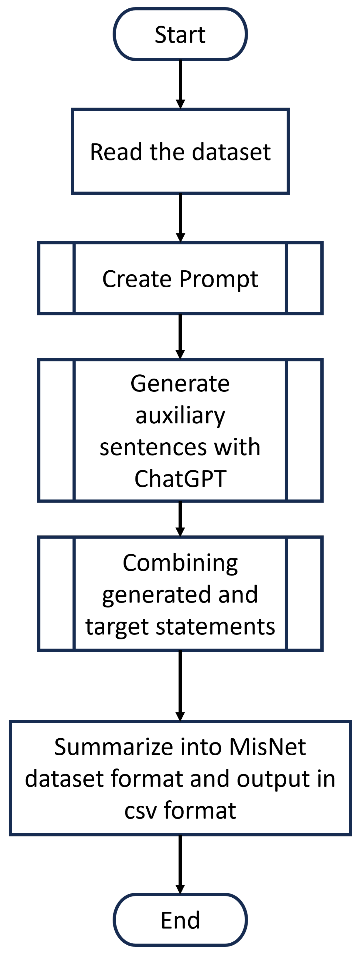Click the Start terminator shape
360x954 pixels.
(180, 34)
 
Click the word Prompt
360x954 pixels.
(218, 278)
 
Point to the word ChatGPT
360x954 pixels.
(180, 478)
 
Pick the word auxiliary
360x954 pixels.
(180, 415)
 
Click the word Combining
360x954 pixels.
(180, 563)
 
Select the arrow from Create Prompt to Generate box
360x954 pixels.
(180, 336)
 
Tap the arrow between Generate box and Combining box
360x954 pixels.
(180, 518)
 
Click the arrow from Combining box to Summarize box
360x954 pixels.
(180, 685)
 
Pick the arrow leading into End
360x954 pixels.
(180, 865)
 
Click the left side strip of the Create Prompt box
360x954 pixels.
(57, 278)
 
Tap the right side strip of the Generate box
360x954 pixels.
(304, 430)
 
